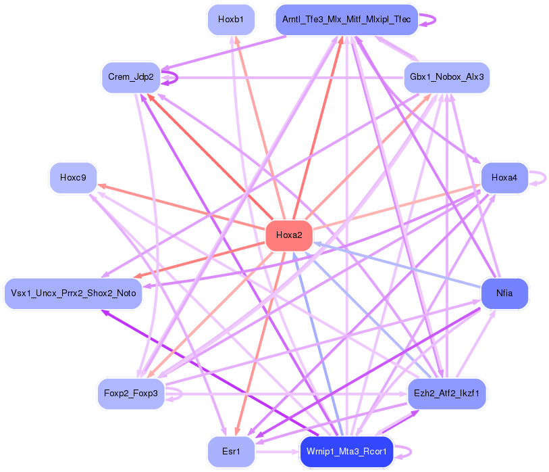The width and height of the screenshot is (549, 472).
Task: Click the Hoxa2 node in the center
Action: (x=289, y=236)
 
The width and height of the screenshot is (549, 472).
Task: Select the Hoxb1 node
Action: (x=231, y=19)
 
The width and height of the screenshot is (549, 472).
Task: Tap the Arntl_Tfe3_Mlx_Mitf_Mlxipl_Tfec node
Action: (x=346, y=19)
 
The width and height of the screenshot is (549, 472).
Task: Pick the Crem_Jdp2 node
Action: (x=131, y=77)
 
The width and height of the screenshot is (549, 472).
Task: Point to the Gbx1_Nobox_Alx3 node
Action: (x=446, y=77)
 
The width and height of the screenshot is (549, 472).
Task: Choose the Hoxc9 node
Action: (x=73, y=178)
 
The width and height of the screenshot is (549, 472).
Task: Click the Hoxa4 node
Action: (x=504, y=178)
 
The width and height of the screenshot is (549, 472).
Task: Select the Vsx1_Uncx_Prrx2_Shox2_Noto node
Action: (x=73, y=293)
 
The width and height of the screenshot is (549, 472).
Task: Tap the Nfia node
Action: (x=504, y=293)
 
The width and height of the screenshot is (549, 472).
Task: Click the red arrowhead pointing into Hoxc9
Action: (x=101, y=184)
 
